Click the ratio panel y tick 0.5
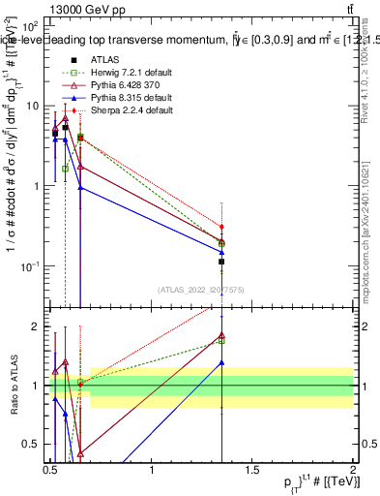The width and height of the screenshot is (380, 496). click(30, 444)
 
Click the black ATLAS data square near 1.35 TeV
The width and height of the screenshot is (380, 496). click(221, 262)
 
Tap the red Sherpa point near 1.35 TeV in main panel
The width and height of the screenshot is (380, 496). click(221, 227)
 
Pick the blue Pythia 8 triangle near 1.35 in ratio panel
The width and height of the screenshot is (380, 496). click(221, 362)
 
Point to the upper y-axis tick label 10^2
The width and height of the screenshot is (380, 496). click(29, 26)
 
